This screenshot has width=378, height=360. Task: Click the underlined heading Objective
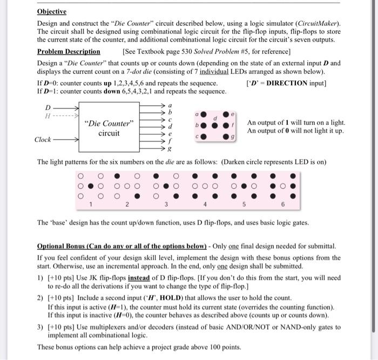(x=51, y=11)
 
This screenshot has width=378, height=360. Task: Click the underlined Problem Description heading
(x=69, y=52)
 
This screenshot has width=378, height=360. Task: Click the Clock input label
(x=43, y=139)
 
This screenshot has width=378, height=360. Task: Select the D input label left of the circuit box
(x=48, y=107)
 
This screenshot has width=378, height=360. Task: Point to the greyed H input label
(x=48, y=115)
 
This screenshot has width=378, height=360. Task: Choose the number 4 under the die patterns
(x=206, y=205)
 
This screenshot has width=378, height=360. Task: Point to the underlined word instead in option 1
(x=143, y=277)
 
